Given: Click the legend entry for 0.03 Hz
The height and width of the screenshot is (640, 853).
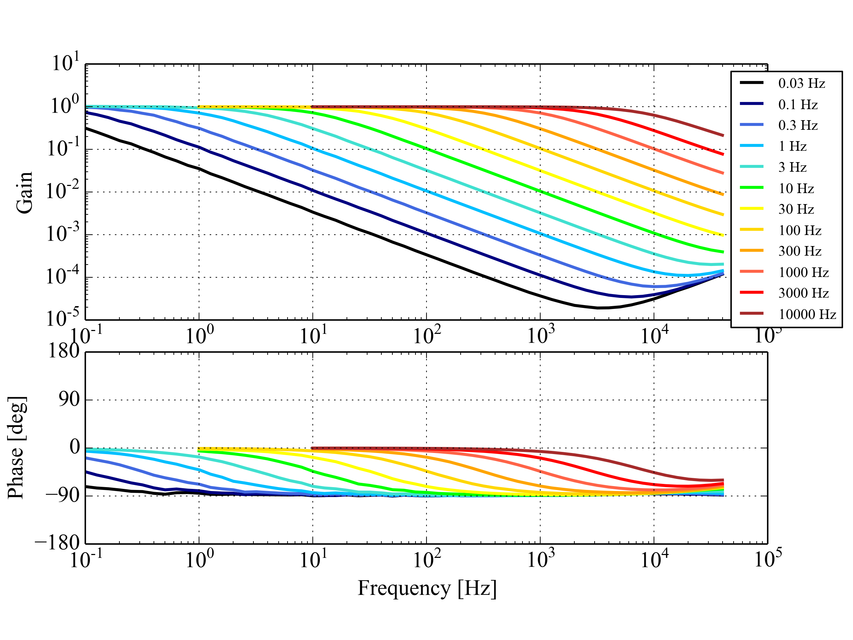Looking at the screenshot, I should [x=801, y=83].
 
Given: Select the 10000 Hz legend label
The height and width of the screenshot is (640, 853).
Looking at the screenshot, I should [x=807, y=314].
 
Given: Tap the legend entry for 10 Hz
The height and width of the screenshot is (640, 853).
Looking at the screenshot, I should [x=796, y=189].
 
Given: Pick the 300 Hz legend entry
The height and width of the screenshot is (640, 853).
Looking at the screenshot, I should [x=800, y=251].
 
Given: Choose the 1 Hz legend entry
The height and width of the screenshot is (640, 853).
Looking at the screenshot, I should [x=793, y=146].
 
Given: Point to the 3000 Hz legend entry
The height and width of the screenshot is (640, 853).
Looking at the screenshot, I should [x=804, y=293].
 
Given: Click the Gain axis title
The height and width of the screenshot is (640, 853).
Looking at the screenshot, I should [x=24, y=192].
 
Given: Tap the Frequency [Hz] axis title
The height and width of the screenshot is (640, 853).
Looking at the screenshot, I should [x=427, y=588].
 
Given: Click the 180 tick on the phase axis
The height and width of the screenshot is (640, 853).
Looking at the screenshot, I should [x=64, y=351].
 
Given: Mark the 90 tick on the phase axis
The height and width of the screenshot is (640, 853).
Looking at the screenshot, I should [x=69, y=399].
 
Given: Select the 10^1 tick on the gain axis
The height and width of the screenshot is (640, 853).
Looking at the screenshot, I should [x=65, y=63].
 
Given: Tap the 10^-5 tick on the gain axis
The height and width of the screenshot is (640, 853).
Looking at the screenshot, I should [x=63, y=318].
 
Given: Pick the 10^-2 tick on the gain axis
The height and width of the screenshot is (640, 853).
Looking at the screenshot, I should [x=63, y=191].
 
